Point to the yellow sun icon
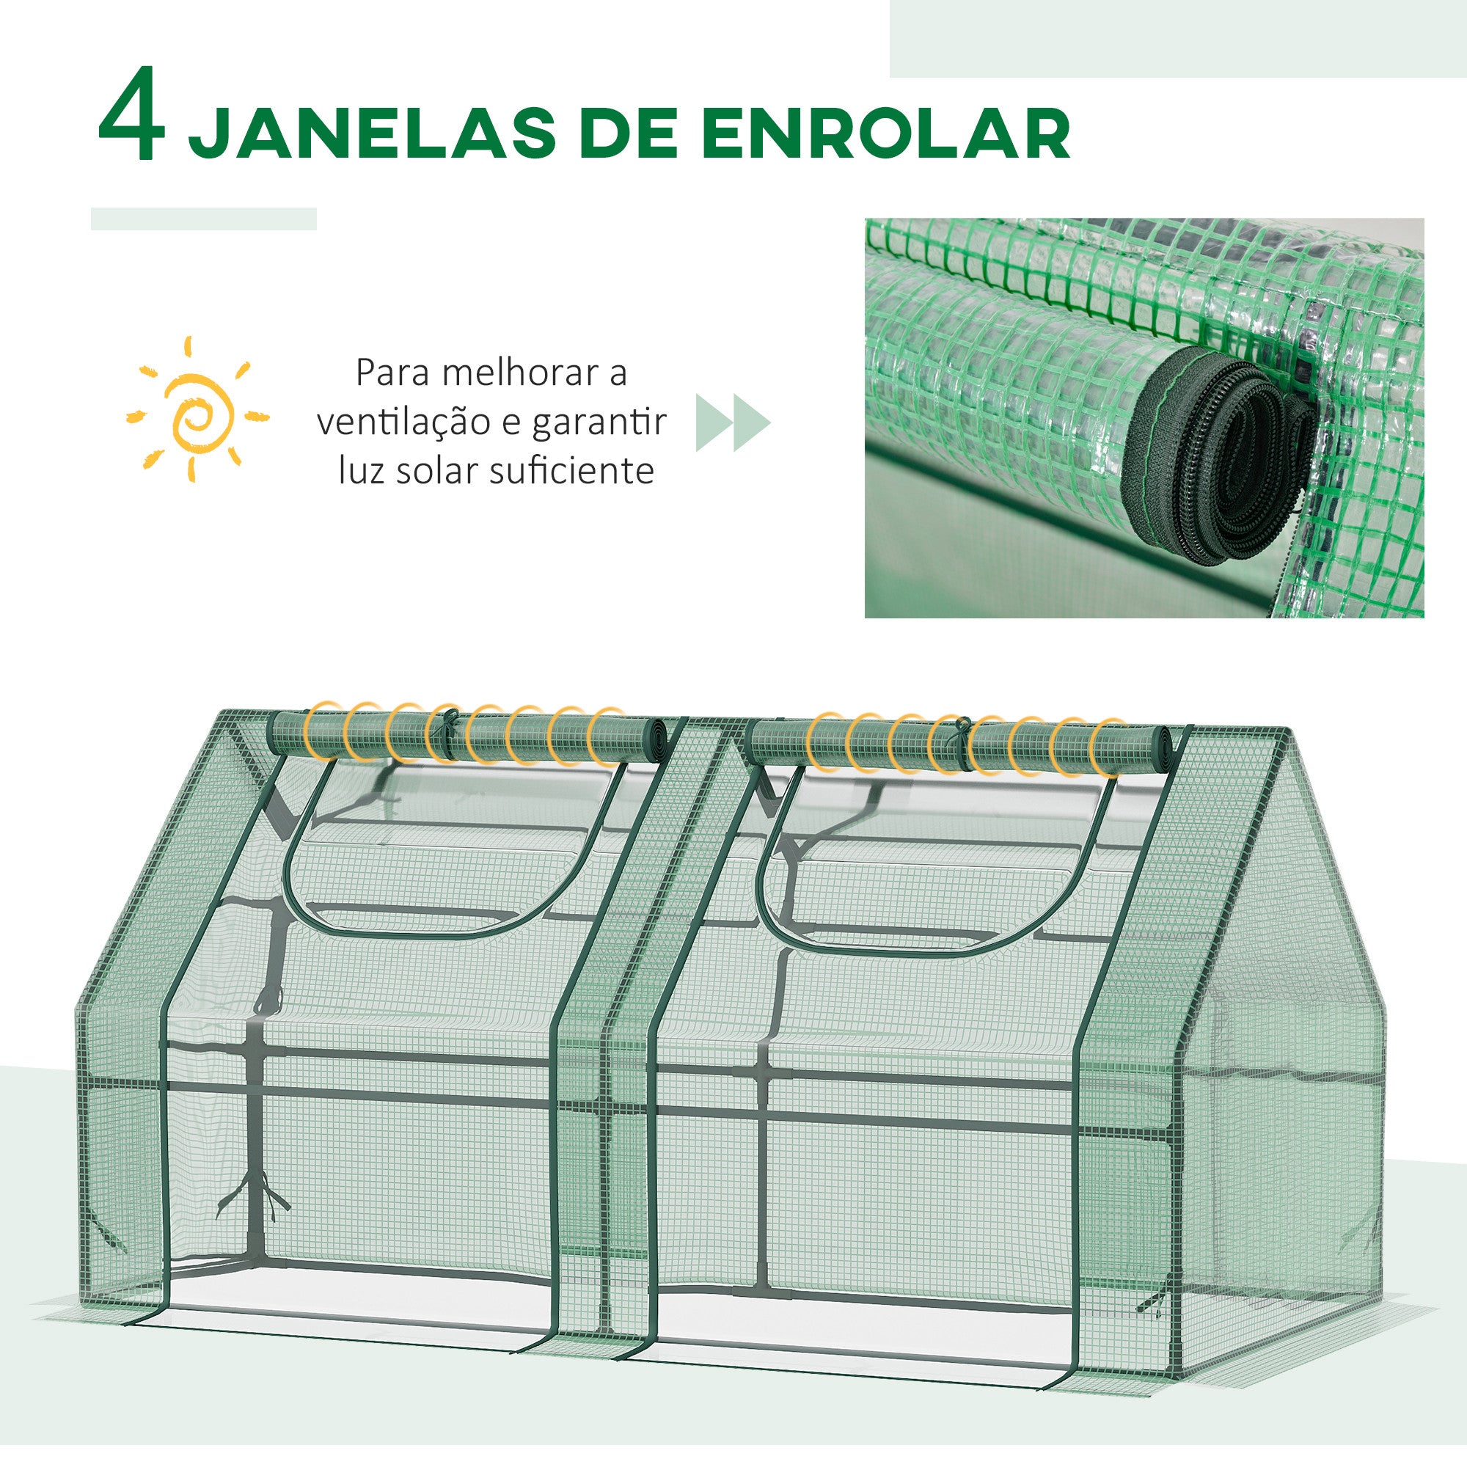tap(197, 410)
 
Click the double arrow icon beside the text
tap(733, 423)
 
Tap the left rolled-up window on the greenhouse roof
tap(469, 736)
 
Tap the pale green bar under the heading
tap(203, 219)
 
